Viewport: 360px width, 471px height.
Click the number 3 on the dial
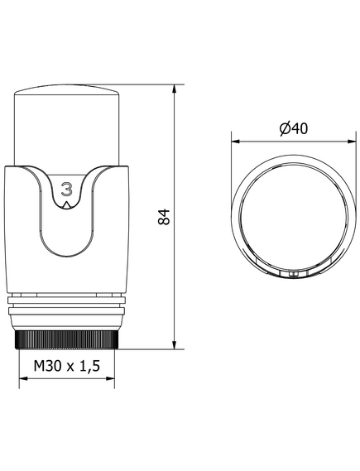67,189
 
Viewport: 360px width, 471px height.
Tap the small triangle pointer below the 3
66,205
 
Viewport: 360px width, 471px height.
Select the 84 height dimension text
164,216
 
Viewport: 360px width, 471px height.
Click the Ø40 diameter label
293,128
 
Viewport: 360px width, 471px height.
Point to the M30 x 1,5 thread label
67,366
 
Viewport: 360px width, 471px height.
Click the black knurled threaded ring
67,339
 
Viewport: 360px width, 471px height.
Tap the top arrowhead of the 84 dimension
174,89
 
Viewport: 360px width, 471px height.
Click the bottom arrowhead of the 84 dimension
174,344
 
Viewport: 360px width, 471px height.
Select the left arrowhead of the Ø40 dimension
236,142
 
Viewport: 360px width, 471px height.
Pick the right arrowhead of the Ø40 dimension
351,142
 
